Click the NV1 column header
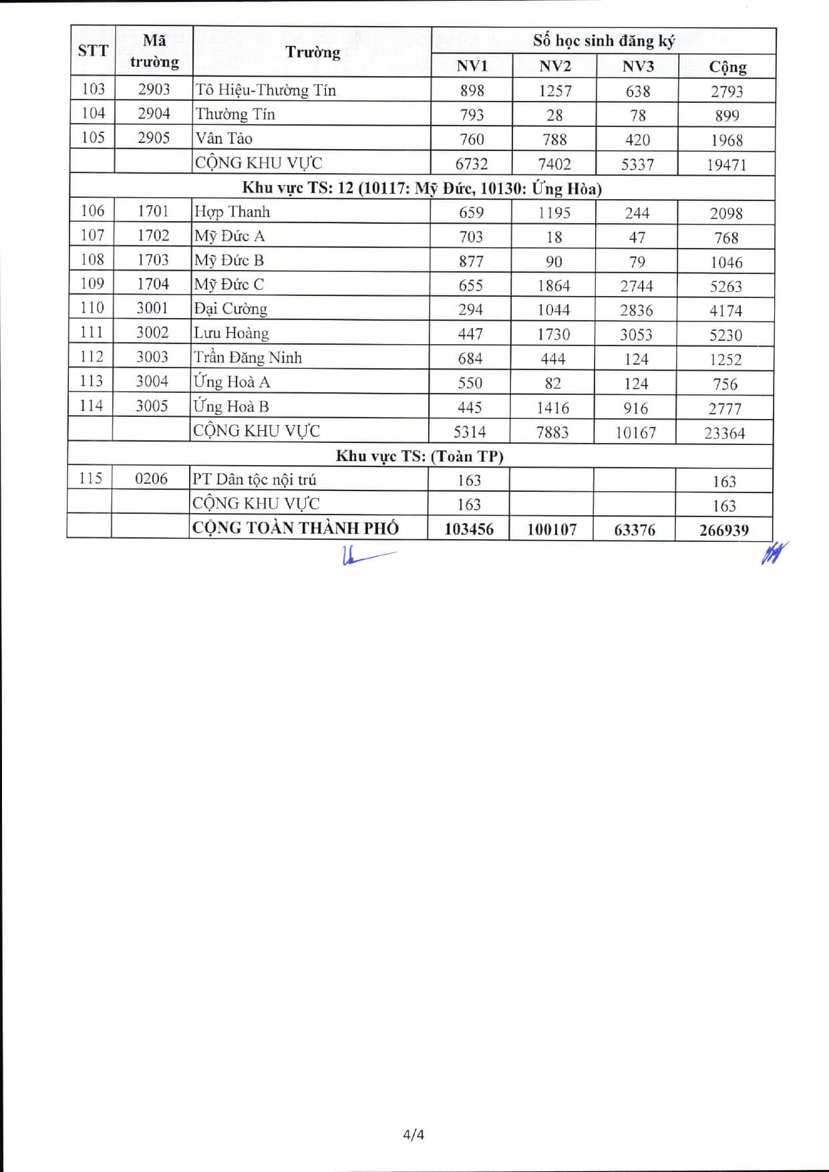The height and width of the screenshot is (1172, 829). point(472,66)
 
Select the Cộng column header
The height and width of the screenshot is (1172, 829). point(727,67)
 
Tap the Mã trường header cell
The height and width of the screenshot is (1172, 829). point(154,51)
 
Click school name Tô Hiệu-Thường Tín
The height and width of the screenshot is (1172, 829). point(265,90)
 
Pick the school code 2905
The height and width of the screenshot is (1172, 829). point(154,138)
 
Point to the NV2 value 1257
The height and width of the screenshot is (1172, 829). point(554,91)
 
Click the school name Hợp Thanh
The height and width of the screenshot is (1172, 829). point(232,212)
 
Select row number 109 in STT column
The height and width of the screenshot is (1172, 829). point(92,284)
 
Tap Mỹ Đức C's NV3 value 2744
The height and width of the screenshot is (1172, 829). point(636,286)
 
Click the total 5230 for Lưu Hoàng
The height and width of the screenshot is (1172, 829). point(725,335)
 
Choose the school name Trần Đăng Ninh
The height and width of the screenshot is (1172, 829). point(248,358)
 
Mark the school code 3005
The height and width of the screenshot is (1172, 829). point(152,406)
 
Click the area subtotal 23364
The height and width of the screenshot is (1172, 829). point(724,433)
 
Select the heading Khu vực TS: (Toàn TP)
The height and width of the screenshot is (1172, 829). point(420,456)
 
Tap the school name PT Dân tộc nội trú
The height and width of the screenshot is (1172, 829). point(254,480)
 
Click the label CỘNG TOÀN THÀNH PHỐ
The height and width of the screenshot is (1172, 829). point(295,529)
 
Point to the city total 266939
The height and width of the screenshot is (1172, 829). point(724,531)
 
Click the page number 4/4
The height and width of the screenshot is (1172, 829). point(413,1134)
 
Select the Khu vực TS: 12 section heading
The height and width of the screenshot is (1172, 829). point(422,188)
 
